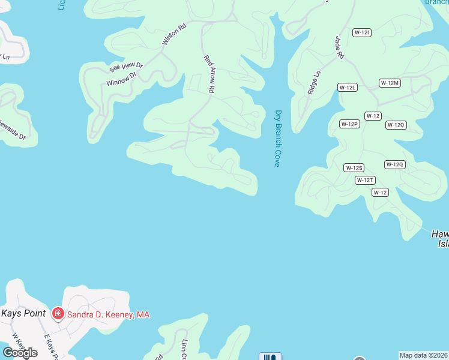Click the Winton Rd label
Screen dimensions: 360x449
(175, 34)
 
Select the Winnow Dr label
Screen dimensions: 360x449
(122, 79)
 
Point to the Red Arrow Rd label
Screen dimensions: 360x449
(209, 74)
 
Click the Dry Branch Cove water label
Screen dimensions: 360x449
(277, 138)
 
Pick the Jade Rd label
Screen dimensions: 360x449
(339, 47)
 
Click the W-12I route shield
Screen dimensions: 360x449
(361, 32)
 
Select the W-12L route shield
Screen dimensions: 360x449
(348, 88)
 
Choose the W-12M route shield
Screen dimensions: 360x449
(390, 83)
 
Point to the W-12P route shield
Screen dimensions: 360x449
(349, 124)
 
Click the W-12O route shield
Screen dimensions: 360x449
(396, 125)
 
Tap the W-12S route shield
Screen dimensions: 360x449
(354, 168)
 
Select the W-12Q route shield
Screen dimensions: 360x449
(395, 164)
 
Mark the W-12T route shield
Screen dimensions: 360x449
(365, 180)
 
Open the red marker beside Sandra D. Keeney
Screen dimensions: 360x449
(58, 314)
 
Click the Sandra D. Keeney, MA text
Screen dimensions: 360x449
(109, 314)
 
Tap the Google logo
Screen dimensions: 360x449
(20, 352)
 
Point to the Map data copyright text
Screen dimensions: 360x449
(423, 355)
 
